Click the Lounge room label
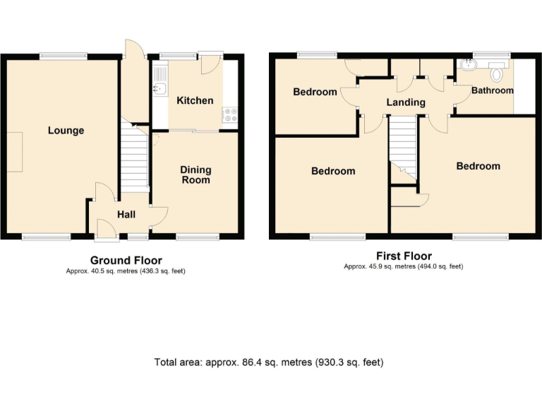66,130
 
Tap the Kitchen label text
195,100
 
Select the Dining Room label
195,175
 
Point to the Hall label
126,215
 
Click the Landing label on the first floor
406,102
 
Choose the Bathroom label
493,90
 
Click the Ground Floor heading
126,260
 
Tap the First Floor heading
403,256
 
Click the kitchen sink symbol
159,88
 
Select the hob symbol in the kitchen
230,113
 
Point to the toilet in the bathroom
497,73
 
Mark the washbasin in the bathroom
466,67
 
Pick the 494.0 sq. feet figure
442,266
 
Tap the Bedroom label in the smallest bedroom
315,92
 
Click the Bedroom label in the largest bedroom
478,166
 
